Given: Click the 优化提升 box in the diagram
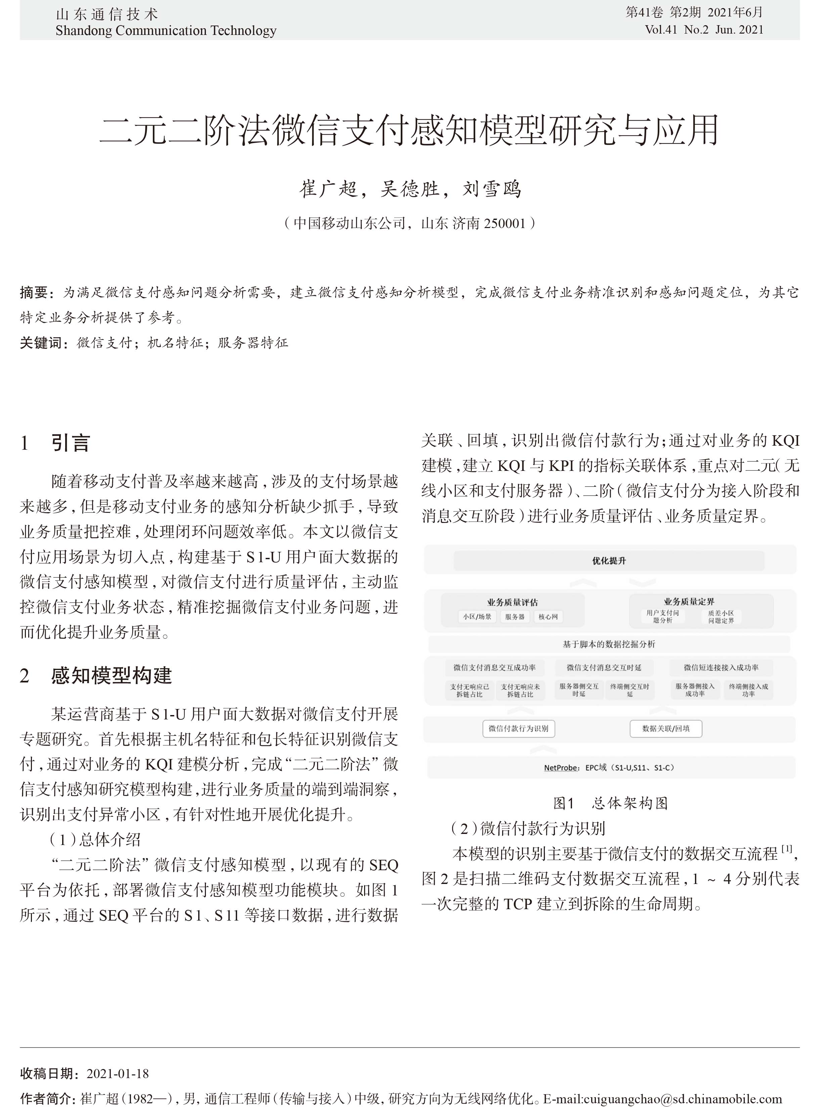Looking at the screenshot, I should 609,561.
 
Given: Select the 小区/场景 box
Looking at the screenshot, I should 477,617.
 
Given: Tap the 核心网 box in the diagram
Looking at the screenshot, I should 548,617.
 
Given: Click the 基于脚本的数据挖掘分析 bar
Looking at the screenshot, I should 609,644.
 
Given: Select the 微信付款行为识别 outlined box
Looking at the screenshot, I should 518,728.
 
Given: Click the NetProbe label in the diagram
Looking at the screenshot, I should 561,768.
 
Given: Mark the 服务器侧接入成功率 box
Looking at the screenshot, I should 695,690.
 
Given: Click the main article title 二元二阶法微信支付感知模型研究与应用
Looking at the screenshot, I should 409,130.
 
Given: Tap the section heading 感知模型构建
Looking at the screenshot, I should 112,676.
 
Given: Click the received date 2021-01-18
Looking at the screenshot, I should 118,1073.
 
